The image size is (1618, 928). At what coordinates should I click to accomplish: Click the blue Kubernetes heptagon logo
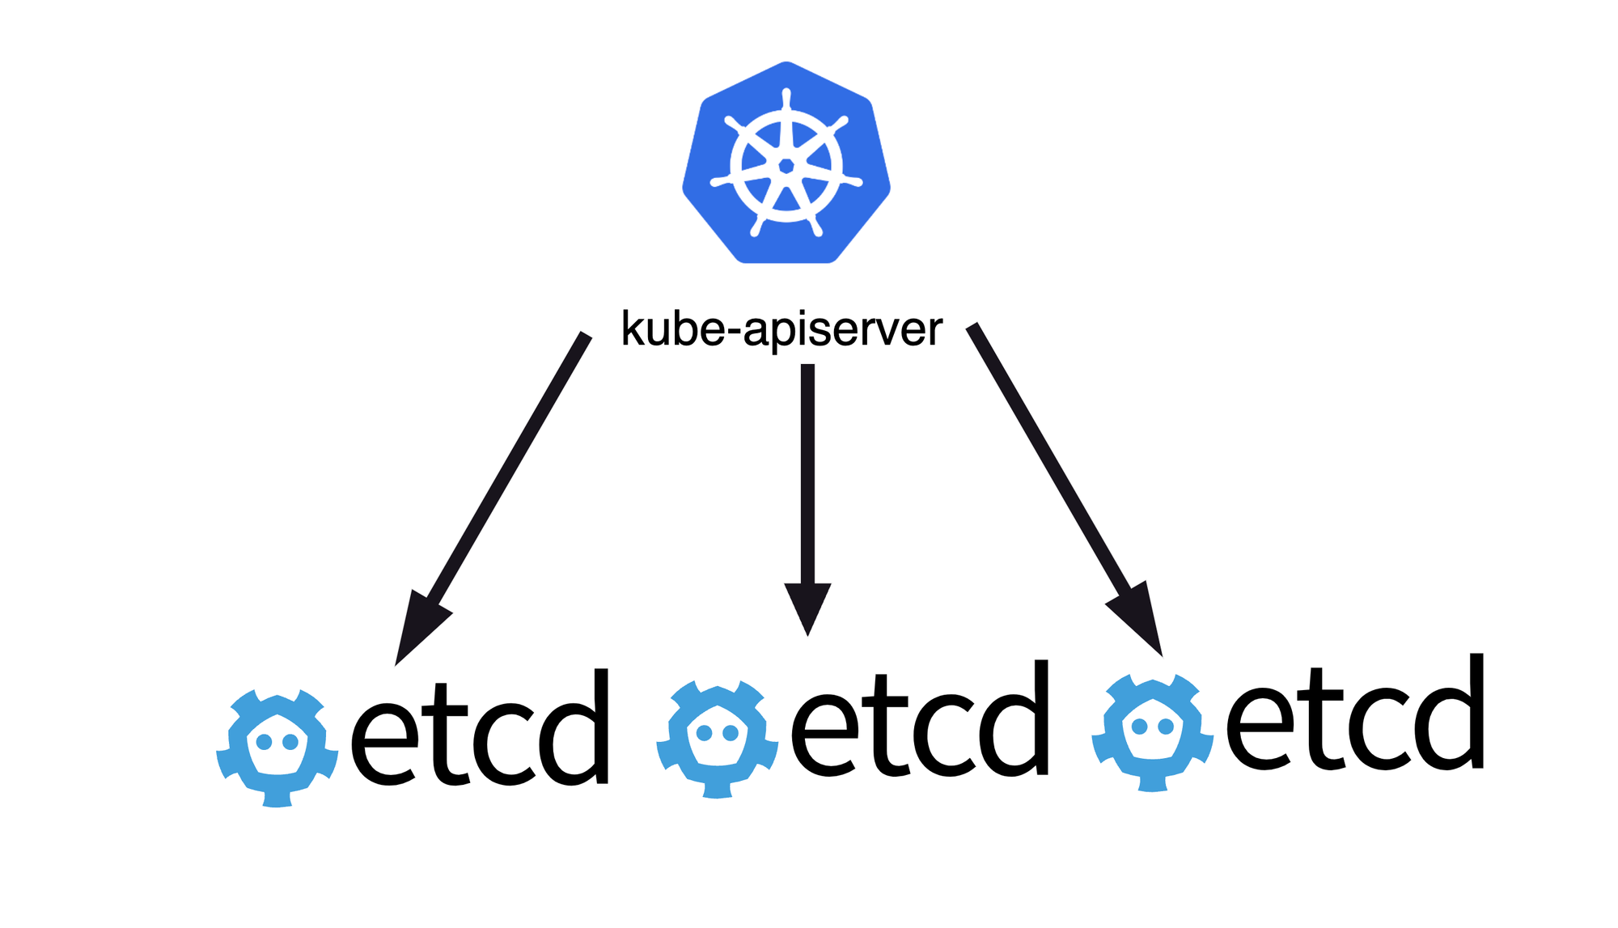coord(786,162)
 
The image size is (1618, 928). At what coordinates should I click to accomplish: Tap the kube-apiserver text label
coord(781,328)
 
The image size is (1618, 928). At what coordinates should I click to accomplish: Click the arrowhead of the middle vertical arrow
coord(807,607)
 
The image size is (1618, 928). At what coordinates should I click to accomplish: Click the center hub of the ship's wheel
coord(786,167)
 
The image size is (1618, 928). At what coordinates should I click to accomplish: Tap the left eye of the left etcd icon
coord(264,742)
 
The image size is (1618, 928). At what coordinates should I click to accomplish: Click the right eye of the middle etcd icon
coord(731,733)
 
